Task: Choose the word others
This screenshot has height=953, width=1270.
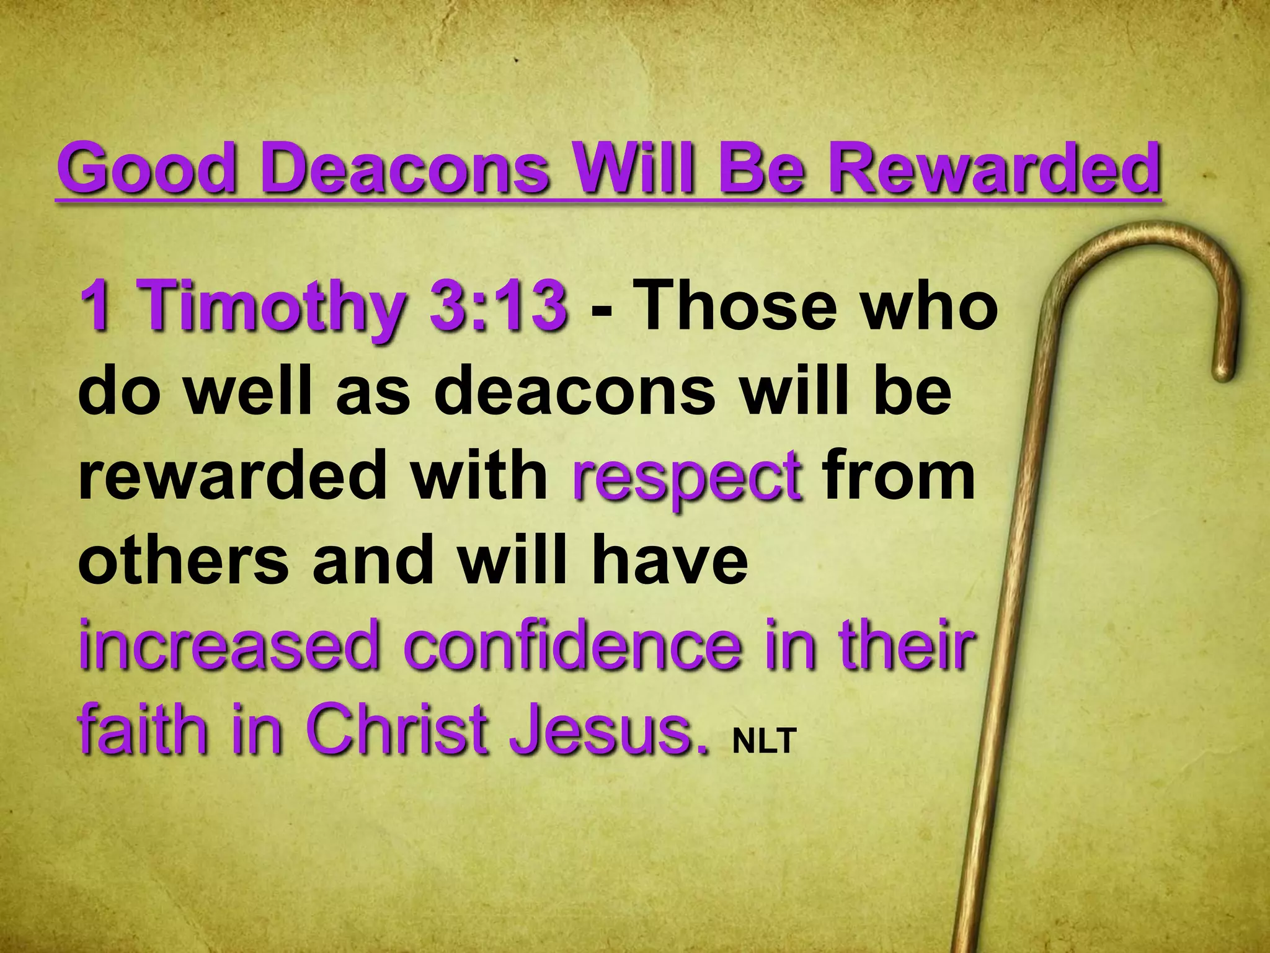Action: pos(184,562)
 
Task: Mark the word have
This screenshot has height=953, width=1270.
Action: pos(670,562)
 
